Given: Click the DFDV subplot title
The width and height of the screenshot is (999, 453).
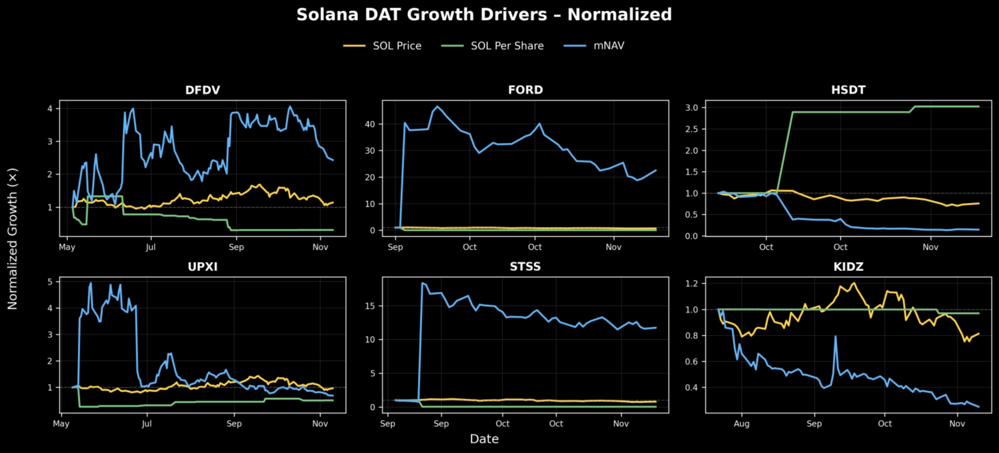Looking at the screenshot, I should tap(203, 90).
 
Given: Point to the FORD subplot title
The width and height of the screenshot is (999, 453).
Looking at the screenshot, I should tap(526, 90).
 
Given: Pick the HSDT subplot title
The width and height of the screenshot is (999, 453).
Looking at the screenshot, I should tap(848, 90).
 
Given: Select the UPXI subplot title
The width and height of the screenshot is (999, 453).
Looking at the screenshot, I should tap(203, 267).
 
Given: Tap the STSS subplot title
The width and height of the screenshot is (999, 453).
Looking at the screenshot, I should tap(525, 267).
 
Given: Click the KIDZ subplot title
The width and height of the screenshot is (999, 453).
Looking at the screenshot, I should tap(848, 267).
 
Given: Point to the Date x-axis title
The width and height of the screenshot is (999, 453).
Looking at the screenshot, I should tap(484, 439).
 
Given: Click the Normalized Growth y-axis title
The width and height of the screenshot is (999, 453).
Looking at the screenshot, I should tap(12, 239).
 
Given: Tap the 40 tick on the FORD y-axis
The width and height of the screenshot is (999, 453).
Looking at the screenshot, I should tap(370, 124).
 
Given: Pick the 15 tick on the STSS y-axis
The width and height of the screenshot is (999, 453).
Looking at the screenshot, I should tap(370, 306).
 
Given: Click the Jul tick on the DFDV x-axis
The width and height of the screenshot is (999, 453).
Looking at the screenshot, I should tap(151, 247).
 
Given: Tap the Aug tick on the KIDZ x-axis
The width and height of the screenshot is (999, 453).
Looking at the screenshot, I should tap(741, 423).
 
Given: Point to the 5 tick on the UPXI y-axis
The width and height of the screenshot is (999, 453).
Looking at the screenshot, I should tap(50, 282).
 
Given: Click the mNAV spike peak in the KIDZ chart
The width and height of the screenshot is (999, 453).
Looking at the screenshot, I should tap(835, 336).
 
